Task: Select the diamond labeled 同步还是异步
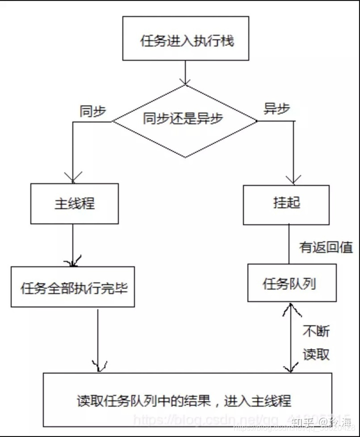[183, 120]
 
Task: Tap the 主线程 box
[74, 203]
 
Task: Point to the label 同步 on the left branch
[92, 111]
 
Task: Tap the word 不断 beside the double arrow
[316, 331]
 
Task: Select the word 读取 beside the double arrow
[316, 354]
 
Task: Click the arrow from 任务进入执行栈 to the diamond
[186, 72]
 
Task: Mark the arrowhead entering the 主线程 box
[73, 178]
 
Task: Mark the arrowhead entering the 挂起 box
[293, 179]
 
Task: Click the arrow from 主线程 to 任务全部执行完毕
[73, 245]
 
